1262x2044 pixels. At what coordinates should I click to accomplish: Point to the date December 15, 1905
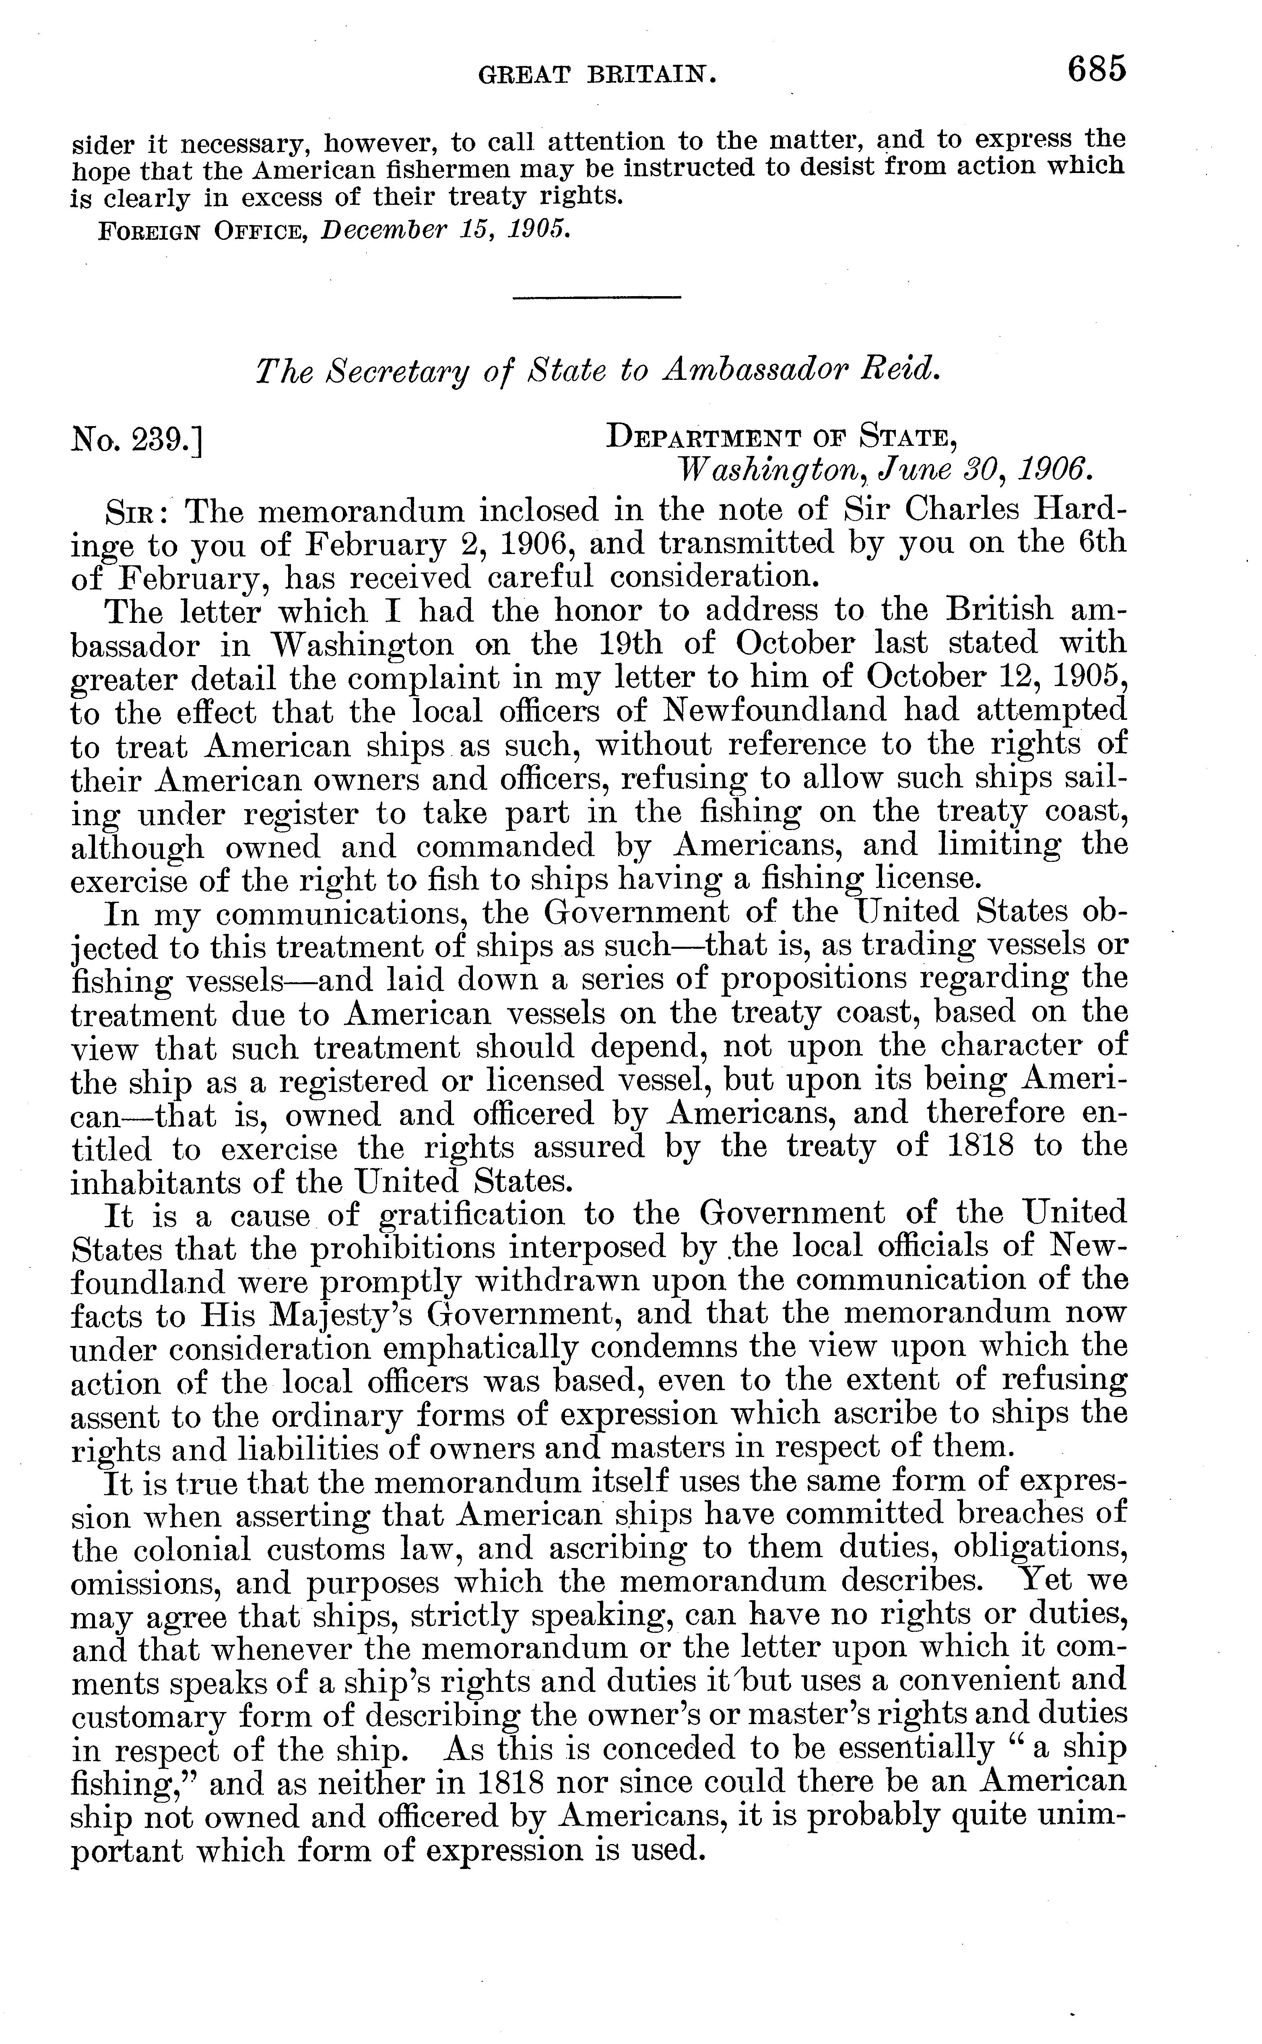pos(447,229)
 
